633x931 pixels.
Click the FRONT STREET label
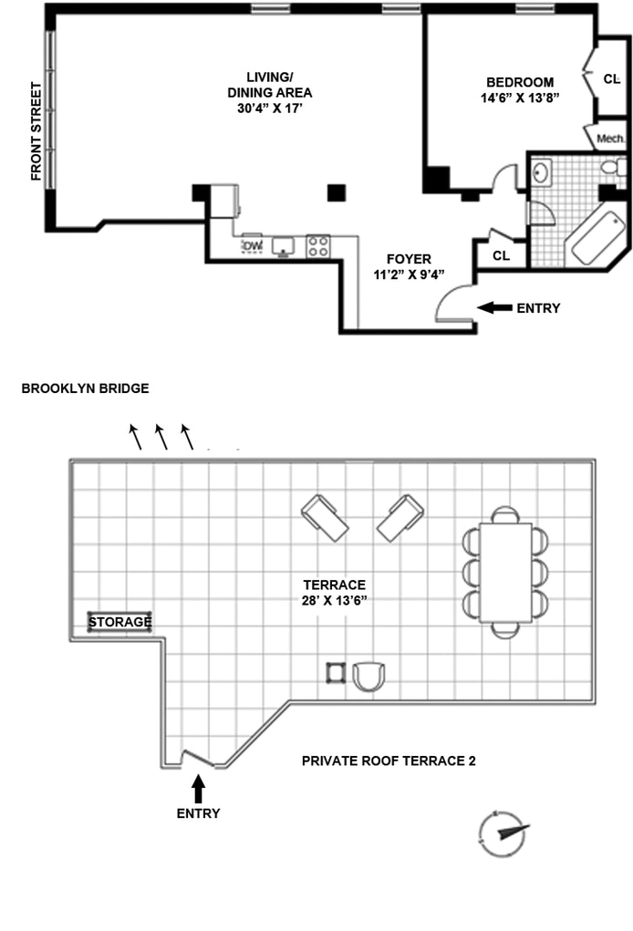pyautogui.click(x=36, y=131)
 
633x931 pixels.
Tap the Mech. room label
pyautogui.click(x=610, y=140)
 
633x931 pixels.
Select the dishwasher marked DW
pyautogui.click(x=253, y=246)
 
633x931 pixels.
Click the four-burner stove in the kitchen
pyautogui.click(x=318, y=245)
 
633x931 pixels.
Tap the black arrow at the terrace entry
pyautogui.click(x=198, y=786)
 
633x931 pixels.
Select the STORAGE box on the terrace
pyautogui.click(x=119, y=623)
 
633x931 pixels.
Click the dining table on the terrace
pyautogui.click(x=505, y=572)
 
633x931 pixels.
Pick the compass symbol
pyautogui.click(x=503, y=833)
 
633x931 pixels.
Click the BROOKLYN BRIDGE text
pyautogui.click(x=85, y=388)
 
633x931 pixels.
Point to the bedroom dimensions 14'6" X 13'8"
pyautogui.click(x=519, y=98)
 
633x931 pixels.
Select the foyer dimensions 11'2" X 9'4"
pyautogui.click(x=409, y=275)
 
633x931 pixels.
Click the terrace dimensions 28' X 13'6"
pyautogui.click(x=335, y=601)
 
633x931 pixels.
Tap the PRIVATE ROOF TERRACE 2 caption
pyautogui.click(x=389, y=760)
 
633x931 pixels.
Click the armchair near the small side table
pyautogui.click(x=368, y=676)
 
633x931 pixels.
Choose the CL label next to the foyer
pyautogui.click(x=501, y=255)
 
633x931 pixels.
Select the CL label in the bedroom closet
pyautogui.click(x=611, y=79)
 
